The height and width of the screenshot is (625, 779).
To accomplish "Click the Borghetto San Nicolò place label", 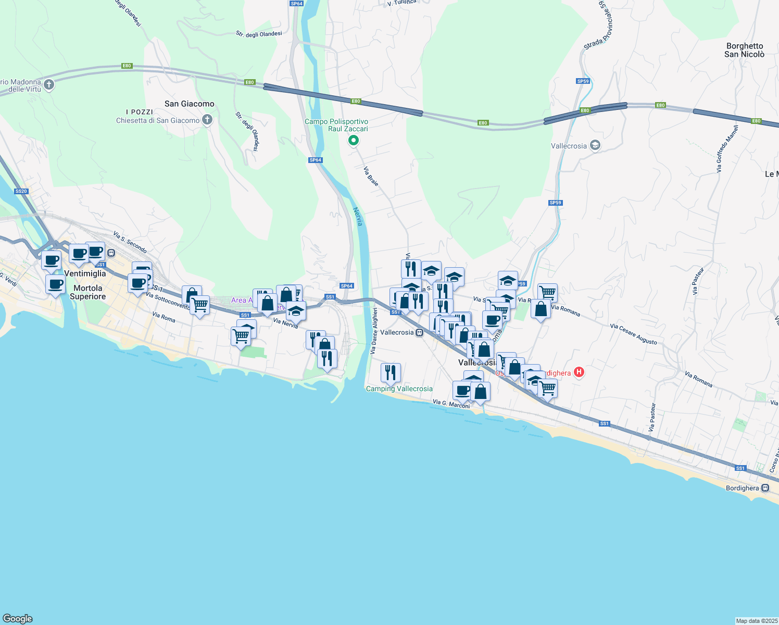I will click(745, 50).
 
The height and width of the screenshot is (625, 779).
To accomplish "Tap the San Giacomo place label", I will click(189, 104).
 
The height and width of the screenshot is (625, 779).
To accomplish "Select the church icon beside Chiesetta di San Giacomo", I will click(207, 120).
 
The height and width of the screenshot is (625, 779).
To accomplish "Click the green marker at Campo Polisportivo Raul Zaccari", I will click(353, 140).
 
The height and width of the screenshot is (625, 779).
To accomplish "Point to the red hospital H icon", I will click(579, 372).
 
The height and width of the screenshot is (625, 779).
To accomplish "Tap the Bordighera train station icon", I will click(765, 488).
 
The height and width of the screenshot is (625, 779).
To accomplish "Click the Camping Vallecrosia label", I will click(399, 389).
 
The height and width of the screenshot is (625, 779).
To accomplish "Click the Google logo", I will click(18, 618).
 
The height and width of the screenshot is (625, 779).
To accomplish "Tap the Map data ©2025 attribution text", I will click(756, 621).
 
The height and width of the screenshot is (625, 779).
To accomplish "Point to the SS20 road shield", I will click(21, 191).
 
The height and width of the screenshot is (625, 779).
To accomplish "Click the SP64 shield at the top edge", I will click(296, 3).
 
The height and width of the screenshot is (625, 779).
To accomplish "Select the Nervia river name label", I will click(358, 217).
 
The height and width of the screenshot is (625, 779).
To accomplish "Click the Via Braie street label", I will click(371, 177).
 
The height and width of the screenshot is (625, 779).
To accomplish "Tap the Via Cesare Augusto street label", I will click(633, 334).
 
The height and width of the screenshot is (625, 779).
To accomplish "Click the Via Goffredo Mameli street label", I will click(726, 149).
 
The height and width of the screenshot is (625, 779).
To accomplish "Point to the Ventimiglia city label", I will click(85, 273).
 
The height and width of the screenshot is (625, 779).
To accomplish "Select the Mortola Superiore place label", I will click(87, 292).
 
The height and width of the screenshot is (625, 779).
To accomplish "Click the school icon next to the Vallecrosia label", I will click(595, 146).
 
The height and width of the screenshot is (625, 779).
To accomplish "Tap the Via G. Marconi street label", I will click(451, 404).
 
